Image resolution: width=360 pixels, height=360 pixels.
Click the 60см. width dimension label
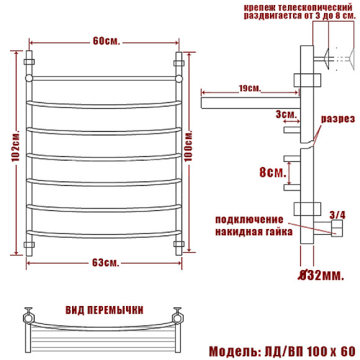(x=106, y=41)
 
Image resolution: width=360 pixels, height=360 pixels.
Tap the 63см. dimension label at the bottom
(x=106, y=263)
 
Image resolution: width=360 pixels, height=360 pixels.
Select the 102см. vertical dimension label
(x=16, y=146)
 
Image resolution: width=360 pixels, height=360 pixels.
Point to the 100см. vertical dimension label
(x=189, y=146)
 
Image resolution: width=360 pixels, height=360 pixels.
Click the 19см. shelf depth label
(x=250, y=88)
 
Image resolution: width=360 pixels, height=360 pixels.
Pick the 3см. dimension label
(x=286, y=114)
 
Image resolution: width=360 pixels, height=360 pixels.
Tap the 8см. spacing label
(x=272, y=172)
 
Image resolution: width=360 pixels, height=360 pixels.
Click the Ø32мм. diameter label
(x=321, y=276)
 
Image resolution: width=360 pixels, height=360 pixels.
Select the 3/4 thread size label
(x=337, y=215)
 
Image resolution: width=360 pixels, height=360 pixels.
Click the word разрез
(x=338, y=119)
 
